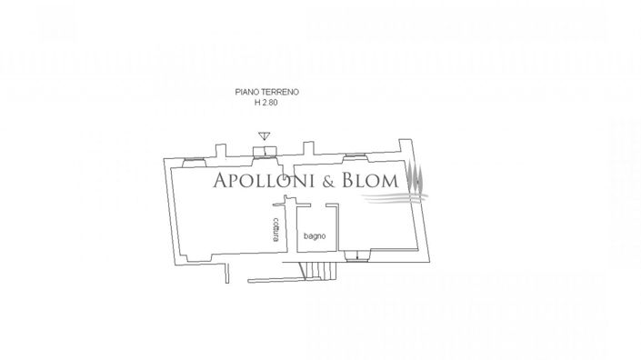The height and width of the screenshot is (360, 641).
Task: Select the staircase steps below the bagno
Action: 315,269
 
